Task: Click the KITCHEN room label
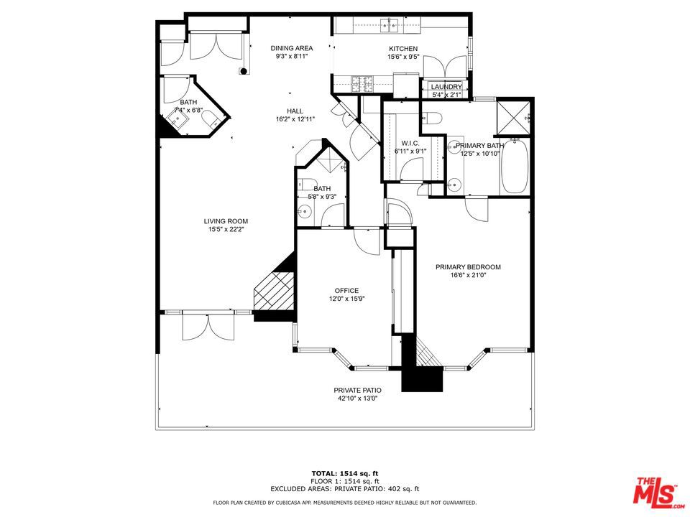click(x=403, y=48)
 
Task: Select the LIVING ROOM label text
click(x=226, y=221)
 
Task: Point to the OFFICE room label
click(x=346, y=291)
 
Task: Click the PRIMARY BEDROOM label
click(x=468, y=267)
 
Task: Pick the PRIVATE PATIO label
click(x=357, y=391)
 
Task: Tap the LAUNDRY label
click(x=446, y=87)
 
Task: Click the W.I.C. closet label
click(x=410, y=144)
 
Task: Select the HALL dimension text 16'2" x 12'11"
click(x=295, y=118)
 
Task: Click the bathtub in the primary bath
click(x=515, y=166)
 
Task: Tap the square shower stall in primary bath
click(x=513, y=118)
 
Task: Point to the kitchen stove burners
click(x=362, y=84)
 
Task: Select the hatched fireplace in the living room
click(x=274, y=292)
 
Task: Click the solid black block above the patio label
click(x=422, y=379)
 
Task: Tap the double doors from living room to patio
click(x=208, y=326)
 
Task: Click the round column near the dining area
click(x=243, y=71)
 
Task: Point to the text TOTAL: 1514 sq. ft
click(x=345, y=473)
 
